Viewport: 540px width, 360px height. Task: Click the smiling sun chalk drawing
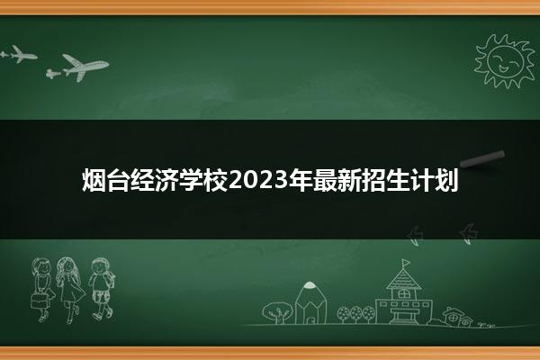pos(504,60)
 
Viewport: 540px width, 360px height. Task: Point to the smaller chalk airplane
pos(18,54)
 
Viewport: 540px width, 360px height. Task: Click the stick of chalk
pos(482,158)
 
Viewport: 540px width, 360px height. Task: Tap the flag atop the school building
pos(406,263)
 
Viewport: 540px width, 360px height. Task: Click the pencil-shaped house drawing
pos(310,302)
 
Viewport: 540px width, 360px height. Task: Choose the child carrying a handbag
pos(41,289)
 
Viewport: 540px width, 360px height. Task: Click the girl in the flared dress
pos(70,289)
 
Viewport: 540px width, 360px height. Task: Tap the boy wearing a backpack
pos(101,288)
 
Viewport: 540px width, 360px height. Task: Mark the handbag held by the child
pos(39,301)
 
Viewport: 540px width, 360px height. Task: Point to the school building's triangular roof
pos(403,279)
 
